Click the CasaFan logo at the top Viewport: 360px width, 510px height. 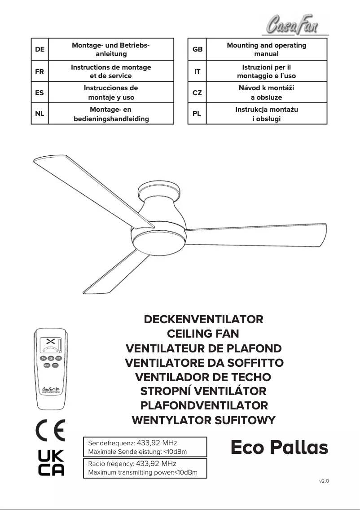coord(295,24)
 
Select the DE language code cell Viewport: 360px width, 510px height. coord(40,49)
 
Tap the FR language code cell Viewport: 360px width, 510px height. coord(40,71)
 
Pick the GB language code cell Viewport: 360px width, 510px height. coord(197,49)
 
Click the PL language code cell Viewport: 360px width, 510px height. coord(197,114)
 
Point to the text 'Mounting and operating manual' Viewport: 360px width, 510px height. coord(266,49)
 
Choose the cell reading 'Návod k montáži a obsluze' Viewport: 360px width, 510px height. coord(266,92)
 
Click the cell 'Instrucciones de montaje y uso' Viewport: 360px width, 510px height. coord(111,92)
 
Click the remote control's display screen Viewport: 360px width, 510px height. coord(50,345)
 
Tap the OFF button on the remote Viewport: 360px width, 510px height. coord(58,358)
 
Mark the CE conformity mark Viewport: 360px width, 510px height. coord(50,430)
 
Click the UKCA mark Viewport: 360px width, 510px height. coord(50,463)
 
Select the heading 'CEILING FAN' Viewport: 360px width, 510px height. coord(203,334)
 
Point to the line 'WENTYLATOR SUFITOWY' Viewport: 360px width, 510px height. coord(203,420)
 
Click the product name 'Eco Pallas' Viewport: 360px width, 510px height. coord(279,448)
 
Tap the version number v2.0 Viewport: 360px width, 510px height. coord(324,481)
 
